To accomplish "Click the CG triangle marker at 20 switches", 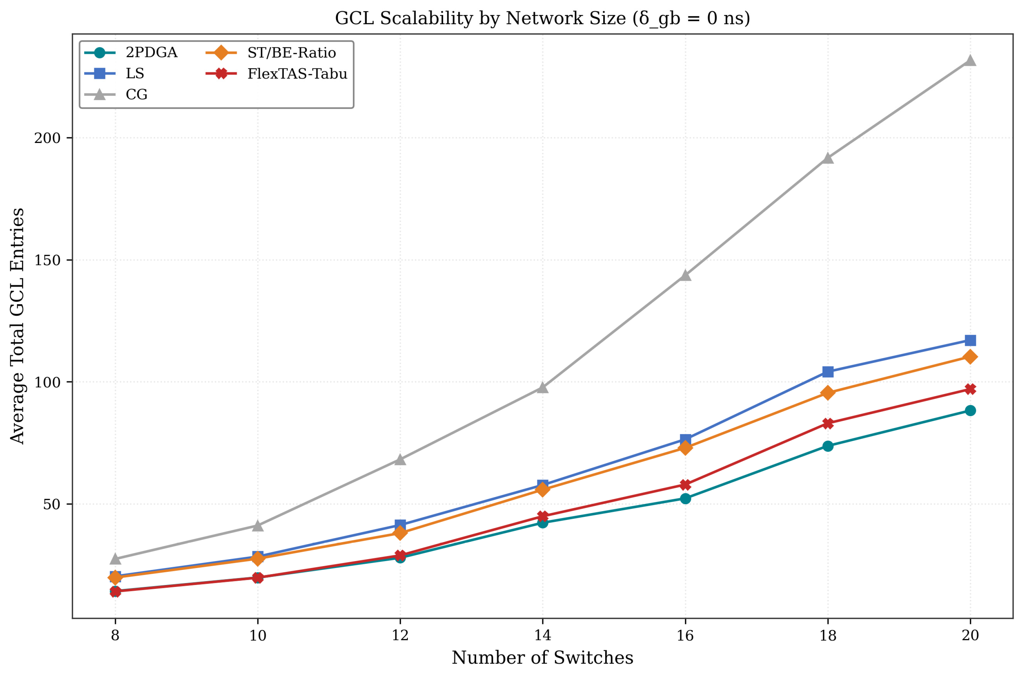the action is (x=970, y=61).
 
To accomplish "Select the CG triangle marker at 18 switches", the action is (x=828, y=158).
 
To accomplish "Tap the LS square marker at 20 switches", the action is (x=970, y=340).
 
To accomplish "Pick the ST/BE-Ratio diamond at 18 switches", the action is (x=828, y=393).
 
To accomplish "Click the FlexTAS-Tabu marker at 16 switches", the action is (x=686, y=485).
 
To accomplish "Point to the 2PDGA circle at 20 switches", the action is (x=970, y=411).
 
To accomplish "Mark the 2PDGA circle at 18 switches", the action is (x=828, y=446).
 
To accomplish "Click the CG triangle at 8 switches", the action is (x=115, y=559).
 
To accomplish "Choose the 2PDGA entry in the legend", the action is (x=131, y=53).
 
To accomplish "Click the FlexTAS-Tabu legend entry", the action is (x=276, y=74).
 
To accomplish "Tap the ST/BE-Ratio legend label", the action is (x=292, y=53).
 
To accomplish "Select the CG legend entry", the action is (x=116, y=95).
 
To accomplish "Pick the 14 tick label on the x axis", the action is (x=543, y=635).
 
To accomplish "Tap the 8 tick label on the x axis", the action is (x=115, y=635).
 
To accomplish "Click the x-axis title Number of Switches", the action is (x=543, y=658).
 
